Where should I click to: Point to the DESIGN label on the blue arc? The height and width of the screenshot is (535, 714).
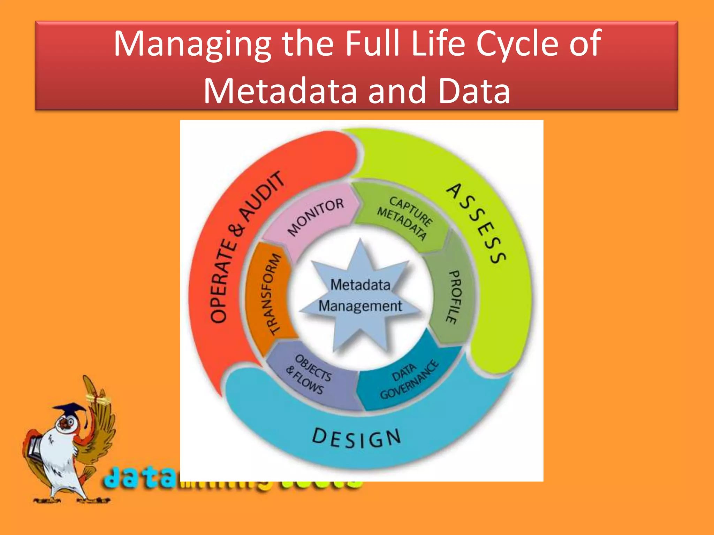click(x=356, y=439)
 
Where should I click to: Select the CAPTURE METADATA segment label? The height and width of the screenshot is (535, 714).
click(x=404, y=218)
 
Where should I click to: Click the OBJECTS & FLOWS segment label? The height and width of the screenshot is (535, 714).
click(x=309, y=374)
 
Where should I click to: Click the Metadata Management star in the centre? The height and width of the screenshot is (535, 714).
click(x=360, y=295)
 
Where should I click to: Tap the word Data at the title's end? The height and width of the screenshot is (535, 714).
click(x=474, y=91)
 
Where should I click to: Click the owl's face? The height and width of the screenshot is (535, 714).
click(x=66, y=424)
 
